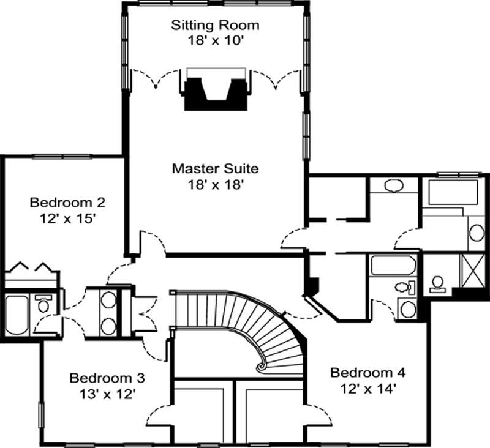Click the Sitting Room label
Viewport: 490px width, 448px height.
click(214, 25)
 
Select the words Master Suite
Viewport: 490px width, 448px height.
click(215, 168)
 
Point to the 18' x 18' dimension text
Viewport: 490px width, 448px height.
click(215, 183)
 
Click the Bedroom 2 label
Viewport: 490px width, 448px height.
click(60, 202)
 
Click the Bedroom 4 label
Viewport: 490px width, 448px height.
click(367, 372)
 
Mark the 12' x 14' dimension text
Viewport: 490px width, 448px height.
click(367, 387)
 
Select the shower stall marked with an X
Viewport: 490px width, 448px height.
click(471, 270)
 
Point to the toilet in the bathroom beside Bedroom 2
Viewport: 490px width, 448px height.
click(43, 304)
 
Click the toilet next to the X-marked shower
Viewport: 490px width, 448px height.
click(437, 282)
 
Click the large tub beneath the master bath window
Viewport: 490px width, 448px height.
click(453, 192)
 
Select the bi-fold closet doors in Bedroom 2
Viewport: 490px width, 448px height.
click(31, 267)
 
